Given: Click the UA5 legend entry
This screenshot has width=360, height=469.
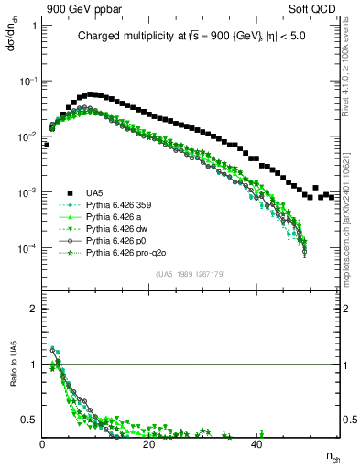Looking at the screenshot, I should coord(93,192).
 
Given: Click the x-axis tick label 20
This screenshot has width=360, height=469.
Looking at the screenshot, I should coord(149,444).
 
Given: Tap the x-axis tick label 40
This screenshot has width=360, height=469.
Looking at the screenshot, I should coord(256,444).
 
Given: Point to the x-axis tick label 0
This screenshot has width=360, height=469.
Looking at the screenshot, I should coord(43,444).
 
